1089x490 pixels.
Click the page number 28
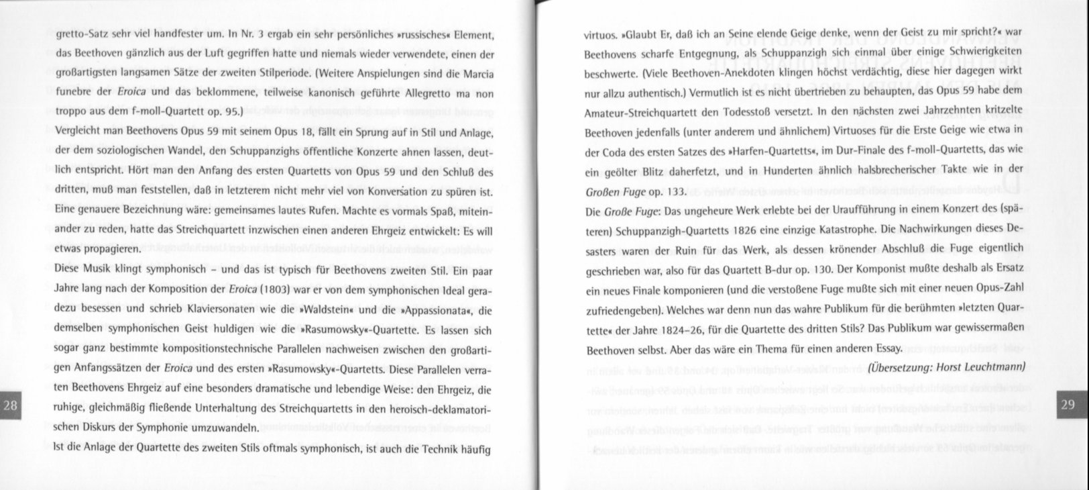click(11, 405)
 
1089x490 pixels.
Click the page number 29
click(1068, 404)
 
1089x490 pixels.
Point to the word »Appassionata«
click(427, 310)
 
